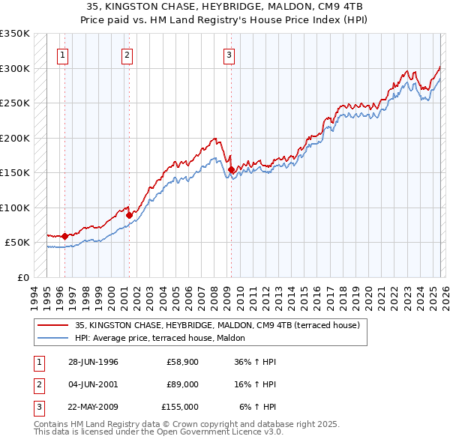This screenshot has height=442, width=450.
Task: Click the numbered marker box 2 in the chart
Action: click(127, 54)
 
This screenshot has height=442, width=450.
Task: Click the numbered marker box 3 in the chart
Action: click(229, 54)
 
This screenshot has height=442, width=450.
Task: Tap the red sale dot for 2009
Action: click(232, 170)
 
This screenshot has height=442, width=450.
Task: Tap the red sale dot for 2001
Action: click(129, 215)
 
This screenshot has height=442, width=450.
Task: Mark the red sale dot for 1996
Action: click(64, 236)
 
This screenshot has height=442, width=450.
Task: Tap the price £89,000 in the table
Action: click(183, 384)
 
